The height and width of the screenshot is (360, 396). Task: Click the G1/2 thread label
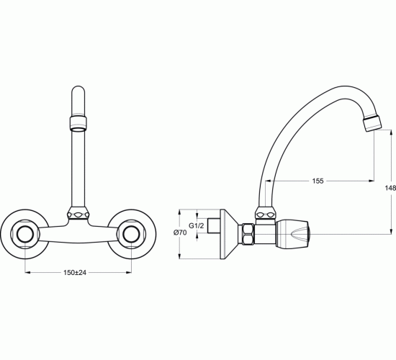(x=196, y=226)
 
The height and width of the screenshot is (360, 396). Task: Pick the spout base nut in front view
(x=78, y=214)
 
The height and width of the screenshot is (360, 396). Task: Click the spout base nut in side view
(x=266, y=214)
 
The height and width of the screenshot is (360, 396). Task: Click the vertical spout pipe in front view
(x=78, y=169)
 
